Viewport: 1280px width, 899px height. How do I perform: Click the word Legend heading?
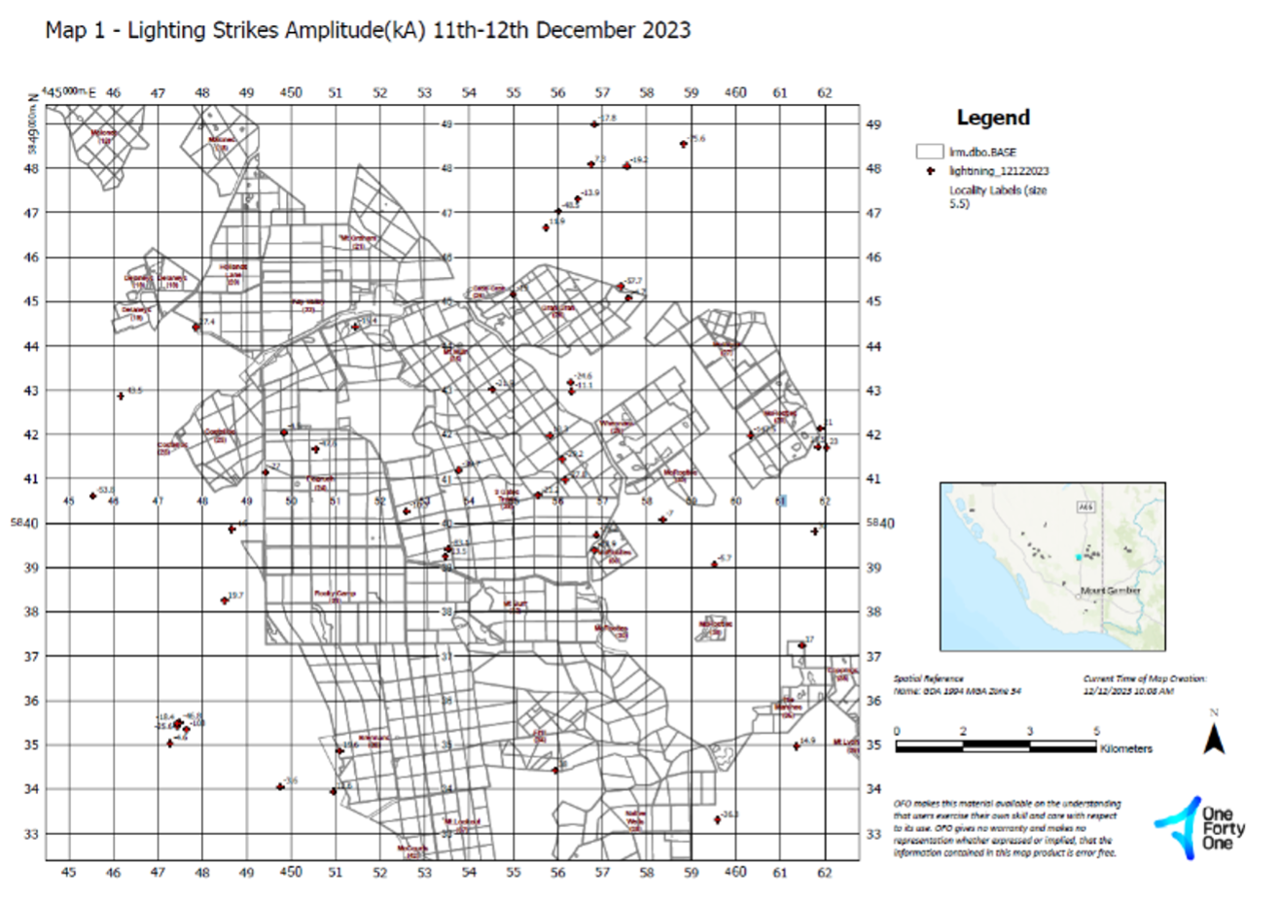coord(993,118)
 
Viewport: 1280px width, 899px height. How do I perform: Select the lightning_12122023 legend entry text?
coord(999,171)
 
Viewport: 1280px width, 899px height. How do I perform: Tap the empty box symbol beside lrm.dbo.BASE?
coord(930,152)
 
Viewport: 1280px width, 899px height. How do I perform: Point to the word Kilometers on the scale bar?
coord(1125,749)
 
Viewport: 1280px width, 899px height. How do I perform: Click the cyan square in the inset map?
coord(1078,557)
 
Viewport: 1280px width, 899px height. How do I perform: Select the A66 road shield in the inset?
coord(1086,506)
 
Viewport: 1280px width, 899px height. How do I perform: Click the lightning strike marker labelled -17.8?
coord(594,123)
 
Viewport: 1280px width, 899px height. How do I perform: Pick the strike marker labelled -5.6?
coord(684,144)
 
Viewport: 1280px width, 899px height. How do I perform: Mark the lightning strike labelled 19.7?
coord(225,601)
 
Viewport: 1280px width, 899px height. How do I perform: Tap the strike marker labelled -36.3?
coord(718,819)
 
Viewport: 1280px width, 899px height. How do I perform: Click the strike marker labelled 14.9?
coord(796,745)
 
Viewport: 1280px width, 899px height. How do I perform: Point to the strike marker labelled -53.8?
coord(93,496)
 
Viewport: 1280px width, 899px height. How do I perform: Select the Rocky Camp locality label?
coord(335,595)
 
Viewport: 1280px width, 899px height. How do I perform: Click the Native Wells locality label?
coord(635,818)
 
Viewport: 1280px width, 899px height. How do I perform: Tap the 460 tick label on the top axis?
coord(735,92)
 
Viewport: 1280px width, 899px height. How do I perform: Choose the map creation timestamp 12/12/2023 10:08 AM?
coord(1128,691)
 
